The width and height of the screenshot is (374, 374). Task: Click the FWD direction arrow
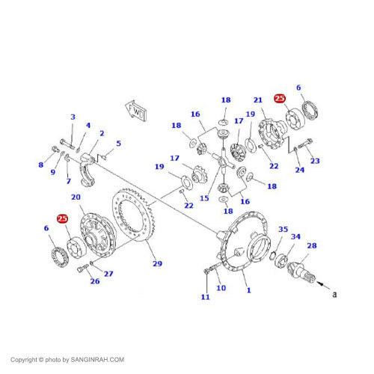(x=136, y=111)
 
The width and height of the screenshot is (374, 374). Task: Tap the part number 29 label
(x=157, y=263)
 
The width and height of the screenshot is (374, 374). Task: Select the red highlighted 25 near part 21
(x=280, y=98)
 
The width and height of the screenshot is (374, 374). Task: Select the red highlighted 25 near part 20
(x=62, y=218)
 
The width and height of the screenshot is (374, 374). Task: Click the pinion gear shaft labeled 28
(x=301, y=271)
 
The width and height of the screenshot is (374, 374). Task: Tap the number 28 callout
(x=312, y=245)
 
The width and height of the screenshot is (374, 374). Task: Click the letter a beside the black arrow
(x=334, y=294)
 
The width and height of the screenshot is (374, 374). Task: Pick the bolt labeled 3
(x=67, y=144)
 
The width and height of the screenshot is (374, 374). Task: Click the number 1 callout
(x=248, y=290)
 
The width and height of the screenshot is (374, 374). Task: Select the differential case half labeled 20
(x=98, y=235)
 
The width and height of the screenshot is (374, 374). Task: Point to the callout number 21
(x=258, y=100)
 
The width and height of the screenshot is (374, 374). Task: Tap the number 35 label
(x=283, y=229)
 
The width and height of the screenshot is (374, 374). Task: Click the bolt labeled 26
(x=83, y=269)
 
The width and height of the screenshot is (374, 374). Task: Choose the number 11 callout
(x=205, y=297)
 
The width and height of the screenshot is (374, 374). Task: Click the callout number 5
(x=118, y=144)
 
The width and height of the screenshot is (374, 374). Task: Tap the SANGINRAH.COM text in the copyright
(x=97, y=360)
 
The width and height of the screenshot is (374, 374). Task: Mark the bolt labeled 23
(x=305, y=144)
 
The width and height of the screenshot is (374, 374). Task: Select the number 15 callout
(x=204, y=198)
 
